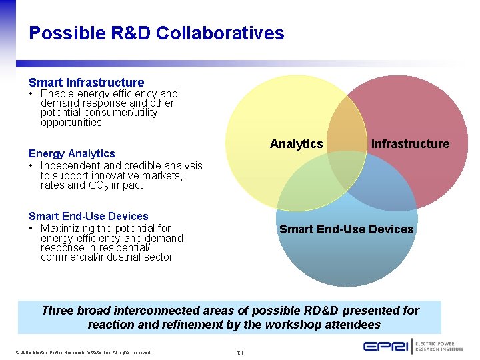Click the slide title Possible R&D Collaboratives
[x=157, y=33]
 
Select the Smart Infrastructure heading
[x=86, y=83]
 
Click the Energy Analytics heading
[x=71, y=153]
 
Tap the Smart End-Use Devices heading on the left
[x=88, y=216]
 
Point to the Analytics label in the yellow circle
[x=296, y=144]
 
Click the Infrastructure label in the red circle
[x=410, y=144]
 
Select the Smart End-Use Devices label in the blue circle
[x=346, y=229]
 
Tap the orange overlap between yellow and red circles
[x=347, y=123]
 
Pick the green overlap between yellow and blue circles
[x=307, y=183]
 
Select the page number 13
[x=240, y=353]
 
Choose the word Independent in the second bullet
[x=70, y=165]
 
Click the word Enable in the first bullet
[x=55, y=94]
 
